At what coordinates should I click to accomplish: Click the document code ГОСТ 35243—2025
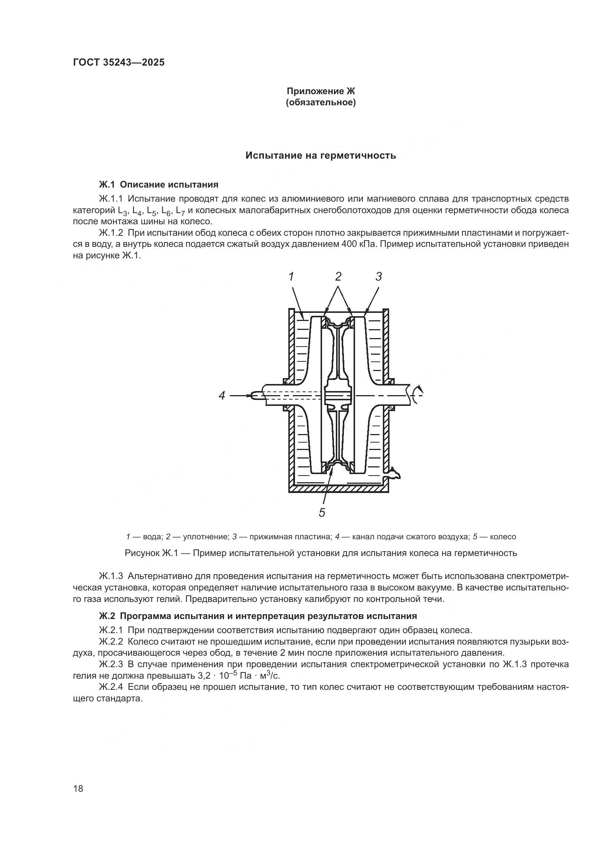point(119,62)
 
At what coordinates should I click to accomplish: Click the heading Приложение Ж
point(321,91)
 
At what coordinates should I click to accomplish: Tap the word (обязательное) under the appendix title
point(321,103)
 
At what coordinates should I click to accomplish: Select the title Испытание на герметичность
point(321,156)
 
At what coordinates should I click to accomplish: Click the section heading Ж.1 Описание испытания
point(159,185)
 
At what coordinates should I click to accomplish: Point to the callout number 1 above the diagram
point(291,277)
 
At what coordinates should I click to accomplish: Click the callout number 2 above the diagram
point(338,277)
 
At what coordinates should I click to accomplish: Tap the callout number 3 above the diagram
point(379,277)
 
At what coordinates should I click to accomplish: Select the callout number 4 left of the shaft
point(222,396)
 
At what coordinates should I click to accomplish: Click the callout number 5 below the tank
point(322,512)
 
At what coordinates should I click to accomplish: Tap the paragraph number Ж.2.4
point(111,687)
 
